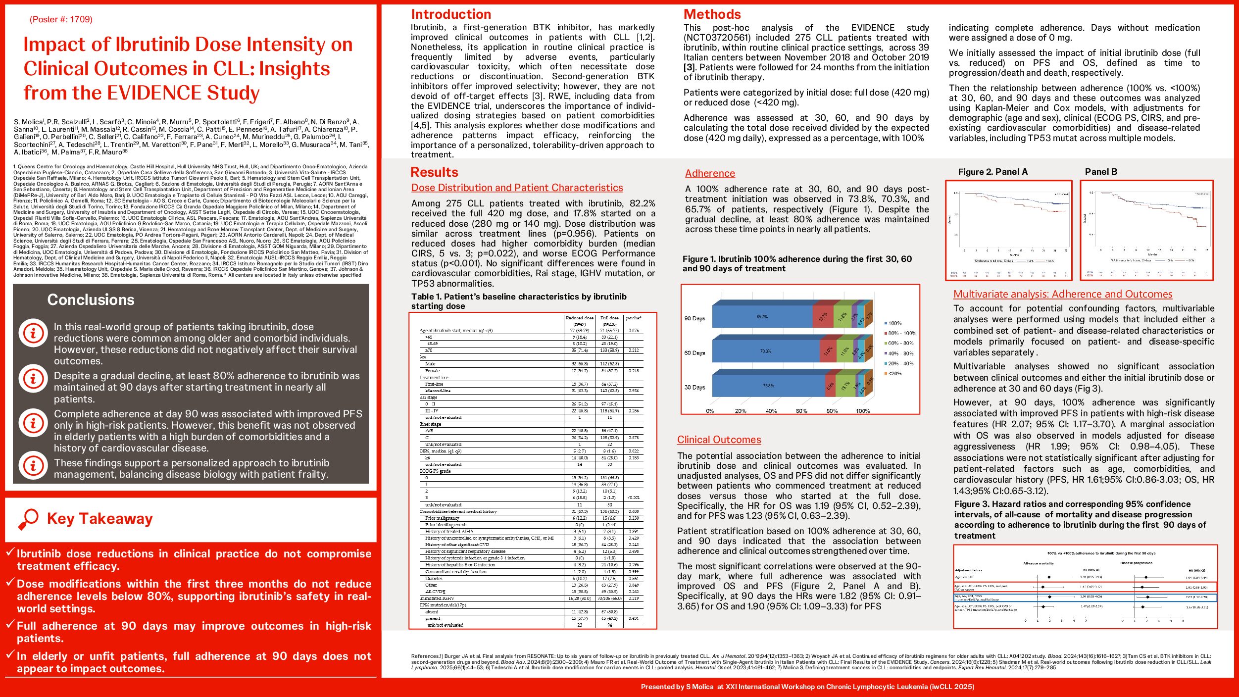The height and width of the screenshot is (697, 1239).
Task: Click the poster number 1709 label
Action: point(61,19)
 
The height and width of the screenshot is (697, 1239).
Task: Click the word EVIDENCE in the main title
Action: point(154,93)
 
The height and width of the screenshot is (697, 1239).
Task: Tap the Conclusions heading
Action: point(91,299)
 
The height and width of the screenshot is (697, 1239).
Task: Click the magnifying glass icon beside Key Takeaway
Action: point(28,519)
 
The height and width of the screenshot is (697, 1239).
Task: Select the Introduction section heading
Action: point(451,14)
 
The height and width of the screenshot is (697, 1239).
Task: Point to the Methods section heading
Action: point(712,14)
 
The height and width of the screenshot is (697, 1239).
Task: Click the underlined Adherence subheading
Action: point(710,173)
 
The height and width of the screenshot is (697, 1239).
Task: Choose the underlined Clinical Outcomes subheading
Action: point(719,440)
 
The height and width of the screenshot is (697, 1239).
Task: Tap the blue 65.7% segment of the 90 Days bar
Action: point(762,316)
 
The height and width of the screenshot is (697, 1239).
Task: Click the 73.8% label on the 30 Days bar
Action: point(768,386)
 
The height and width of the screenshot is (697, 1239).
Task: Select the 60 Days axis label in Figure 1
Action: point(694,353)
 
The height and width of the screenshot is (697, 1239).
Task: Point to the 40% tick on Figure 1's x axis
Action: point(771,411)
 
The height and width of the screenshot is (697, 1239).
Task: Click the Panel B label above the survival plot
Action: point(1101,172)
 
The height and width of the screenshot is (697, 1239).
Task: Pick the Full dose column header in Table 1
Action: point(609,318)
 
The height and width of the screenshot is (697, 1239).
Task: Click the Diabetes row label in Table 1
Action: point(434,578)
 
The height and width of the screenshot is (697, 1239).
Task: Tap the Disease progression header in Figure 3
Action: point(1136,563)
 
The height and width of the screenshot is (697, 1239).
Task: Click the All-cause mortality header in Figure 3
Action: point(1039,563)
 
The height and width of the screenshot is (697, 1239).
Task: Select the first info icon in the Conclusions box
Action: point(33,333)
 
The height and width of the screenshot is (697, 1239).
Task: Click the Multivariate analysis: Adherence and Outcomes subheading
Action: point(1063,294)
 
